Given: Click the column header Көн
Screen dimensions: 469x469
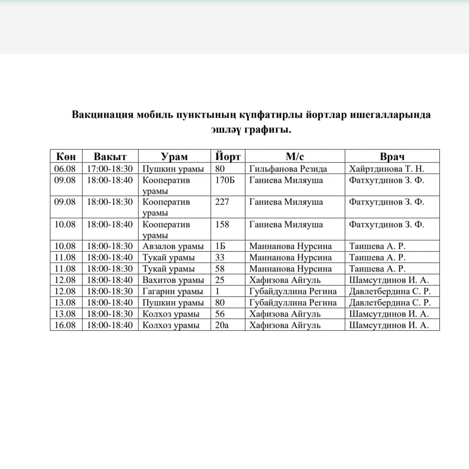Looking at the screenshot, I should point(66,157).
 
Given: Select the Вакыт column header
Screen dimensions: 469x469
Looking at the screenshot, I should point(110,157).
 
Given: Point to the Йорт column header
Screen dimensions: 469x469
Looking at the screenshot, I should point(228,157).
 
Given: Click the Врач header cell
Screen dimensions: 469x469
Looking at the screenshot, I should point(392,157).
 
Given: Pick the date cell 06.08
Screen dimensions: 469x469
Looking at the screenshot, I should point(65,169).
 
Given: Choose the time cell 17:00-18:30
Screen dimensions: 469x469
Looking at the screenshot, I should point(110,169).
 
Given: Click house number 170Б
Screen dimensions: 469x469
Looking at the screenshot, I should point(225,180).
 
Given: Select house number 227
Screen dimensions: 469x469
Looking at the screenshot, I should point(222,202).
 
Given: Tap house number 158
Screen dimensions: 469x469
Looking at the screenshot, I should point(222,225).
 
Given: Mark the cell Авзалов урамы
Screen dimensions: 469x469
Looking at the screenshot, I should point(173,247).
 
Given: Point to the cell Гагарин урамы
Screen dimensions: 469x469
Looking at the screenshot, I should point(173,291).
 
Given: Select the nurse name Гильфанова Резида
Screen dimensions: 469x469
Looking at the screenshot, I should point(288,169).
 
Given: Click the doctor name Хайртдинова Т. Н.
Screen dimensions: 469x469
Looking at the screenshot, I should point(386,169).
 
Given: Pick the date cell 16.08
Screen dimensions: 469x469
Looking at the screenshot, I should point(65,325).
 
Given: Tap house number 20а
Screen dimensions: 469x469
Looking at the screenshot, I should point(222,325).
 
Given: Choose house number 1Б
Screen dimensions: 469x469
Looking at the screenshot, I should point(220,247).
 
